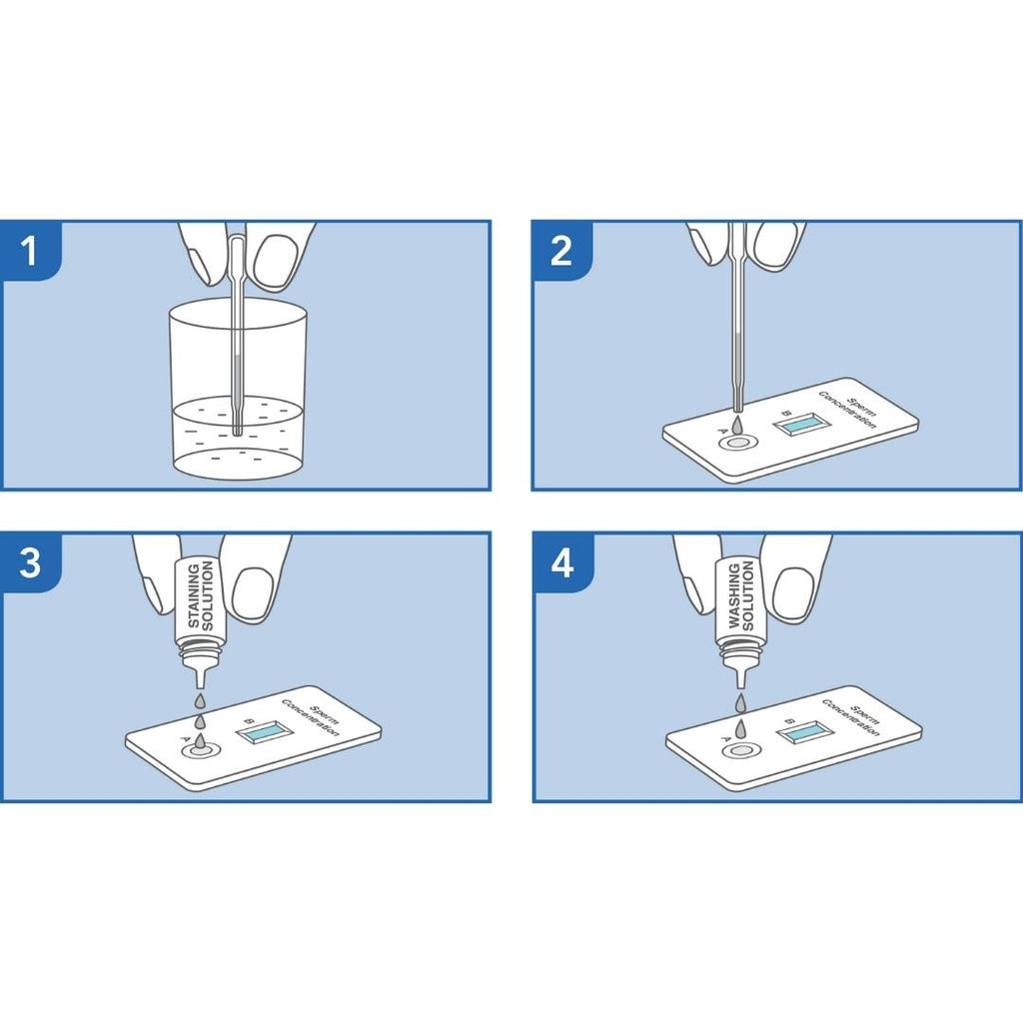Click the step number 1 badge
point(30,251)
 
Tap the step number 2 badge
point(561,251)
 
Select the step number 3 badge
point(30,562)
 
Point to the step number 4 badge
point(562,562)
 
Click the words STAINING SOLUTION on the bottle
point(200,595)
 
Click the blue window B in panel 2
point(802,424)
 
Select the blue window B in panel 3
point(265,733)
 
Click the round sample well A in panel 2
point(737,444)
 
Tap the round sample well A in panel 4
point(740,751)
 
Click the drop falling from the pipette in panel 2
point(737,424)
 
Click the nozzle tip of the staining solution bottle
point(200,685)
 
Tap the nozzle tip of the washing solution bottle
point(740,685)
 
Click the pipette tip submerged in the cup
point(237,431)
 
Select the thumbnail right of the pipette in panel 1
point(276,260)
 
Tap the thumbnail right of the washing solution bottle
point(793,593)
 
